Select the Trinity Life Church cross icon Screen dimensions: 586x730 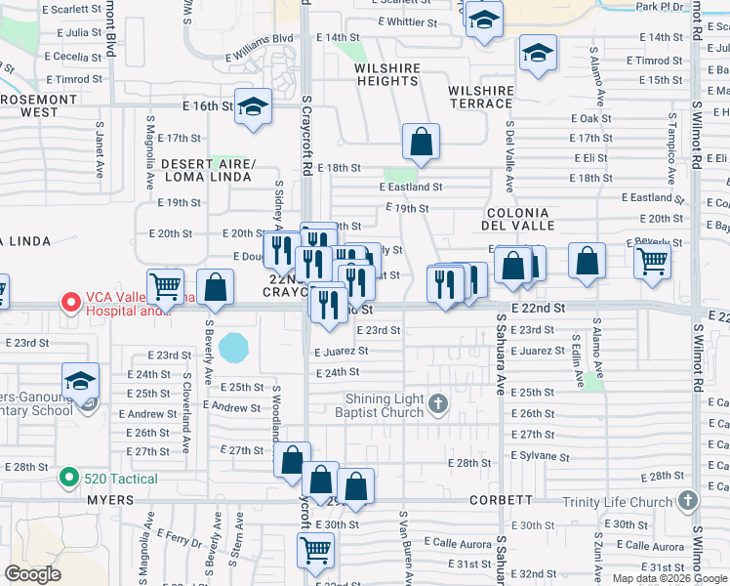coord(688,501)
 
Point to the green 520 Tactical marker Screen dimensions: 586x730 coord(67,478)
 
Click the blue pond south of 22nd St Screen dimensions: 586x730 coord(234,346)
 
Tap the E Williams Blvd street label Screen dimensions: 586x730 coord(259,39)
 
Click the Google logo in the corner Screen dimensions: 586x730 coord(32,575)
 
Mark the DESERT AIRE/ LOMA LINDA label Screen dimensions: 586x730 coord(208,171)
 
